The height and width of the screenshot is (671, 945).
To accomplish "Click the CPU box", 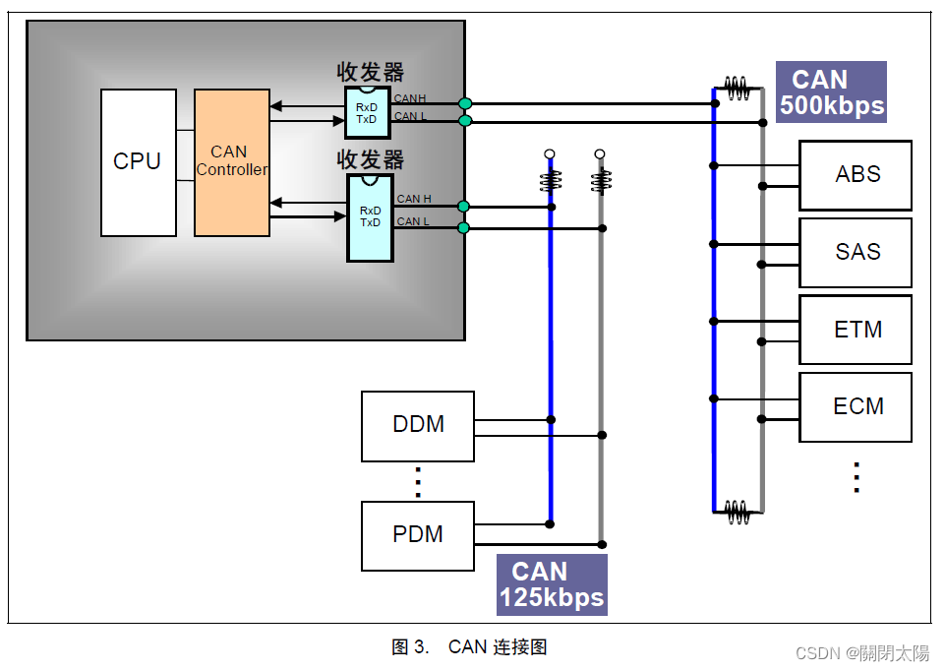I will coord(138,162).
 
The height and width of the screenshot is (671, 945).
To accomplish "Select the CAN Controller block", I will coord(231,162).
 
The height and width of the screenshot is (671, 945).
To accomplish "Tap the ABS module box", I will coord(856,175).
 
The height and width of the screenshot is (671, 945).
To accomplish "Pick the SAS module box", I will coord(856,252).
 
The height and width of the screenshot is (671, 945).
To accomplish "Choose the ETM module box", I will coord(856,330).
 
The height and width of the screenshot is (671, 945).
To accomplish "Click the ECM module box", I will coord(856,406).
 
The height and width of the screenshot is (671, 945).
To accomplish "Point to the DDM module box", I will coord(417,425).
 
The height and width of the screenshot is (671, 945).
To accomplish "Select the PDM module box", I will coord(417,535).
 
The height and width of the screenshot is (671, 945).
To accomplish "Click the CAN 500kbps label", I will coord(831,91).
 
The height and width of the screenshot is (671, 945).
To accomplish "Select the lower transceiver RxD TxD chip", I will coord(370,217).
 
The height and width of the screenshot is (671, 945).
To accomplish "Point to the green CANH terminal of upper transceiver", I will coord(465,103).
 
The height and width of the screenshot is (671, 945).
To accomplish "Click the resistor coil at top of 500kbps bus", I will coord(738,90).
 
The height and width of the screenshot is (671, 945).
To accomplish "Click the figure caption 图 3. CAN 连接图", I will coord(469,646).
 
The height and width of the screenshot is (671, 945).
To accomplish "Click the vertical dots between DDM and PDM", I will coord(418,482).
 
